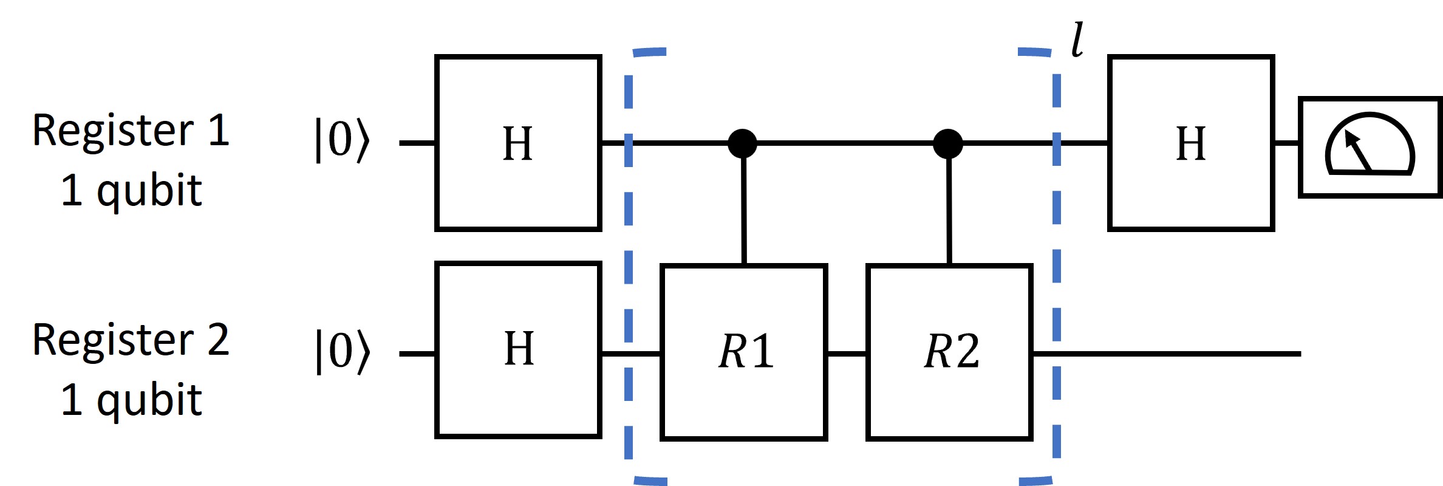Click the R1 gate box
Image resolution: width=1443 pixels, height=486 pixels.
pos(744,352)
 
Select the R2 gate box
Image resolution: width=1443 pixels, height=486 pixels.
pos(949,352)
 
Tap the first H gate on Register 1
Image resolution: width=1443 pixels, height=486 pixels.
pos(518,143)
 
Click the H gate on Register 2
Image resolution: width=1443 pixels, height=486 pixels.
pos(518,349)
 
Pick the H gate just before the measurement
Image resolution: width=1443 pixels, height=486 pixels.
pos(1190,143)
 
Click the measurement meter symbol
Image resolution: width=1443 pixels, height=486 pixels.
pos(1371,147)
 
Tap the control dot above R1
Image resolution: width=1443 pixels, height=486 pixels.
pos(742,143)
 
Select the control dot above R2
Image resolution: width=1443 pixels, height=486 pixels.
pos(948,143)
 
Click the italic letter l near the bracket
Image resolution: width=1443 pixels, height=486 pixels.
pos(1077,40)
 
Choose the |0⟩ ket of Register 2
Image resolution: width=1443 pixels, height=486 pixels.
pos(342,351)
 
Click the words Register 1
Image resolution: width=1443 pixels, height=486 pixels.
pos(131,131)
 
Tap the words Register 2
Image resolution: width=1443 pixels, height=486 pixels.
pos(131,340)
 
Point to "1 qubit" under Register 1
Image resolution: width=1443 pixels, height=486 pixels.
pos(131,191)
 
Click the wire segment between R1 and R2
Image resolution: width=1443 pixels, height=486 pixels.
pos(847,352)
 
